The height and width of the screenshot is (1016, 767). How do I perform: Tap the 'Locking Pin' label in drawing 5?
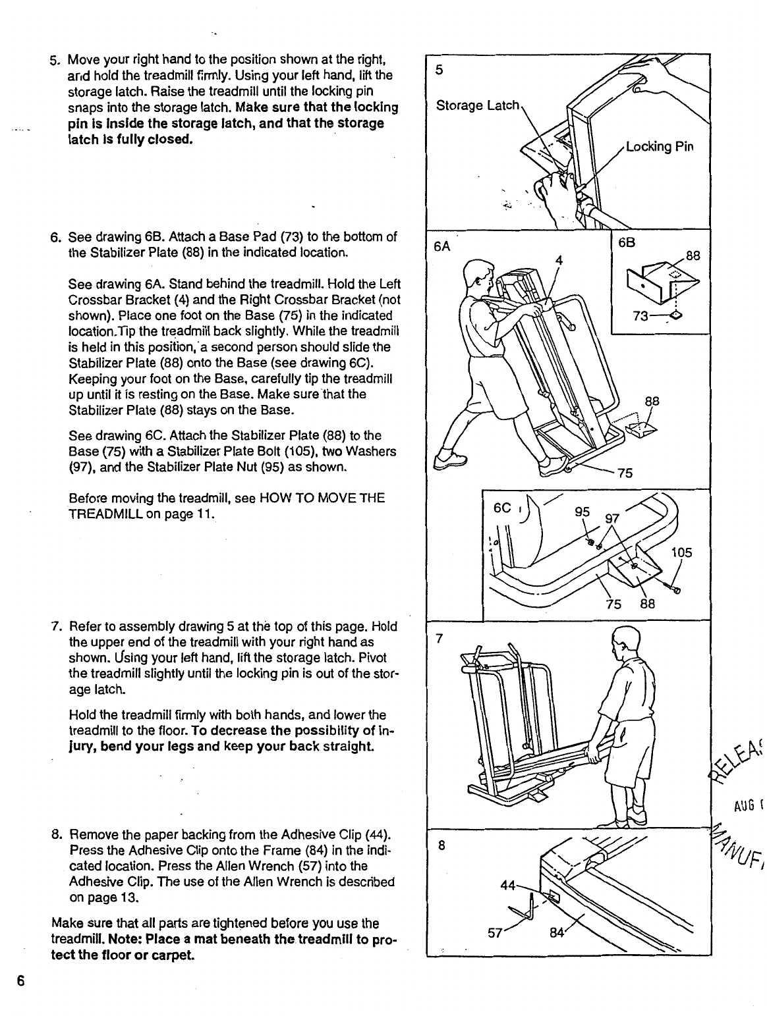658,146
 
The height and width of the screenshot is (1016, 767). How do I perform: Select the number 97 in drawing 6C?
612,518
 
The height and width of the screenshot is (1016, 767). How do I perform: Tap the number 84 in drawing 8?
557,930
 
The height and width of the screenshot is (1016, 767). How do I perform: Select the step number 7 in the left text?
55,626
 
